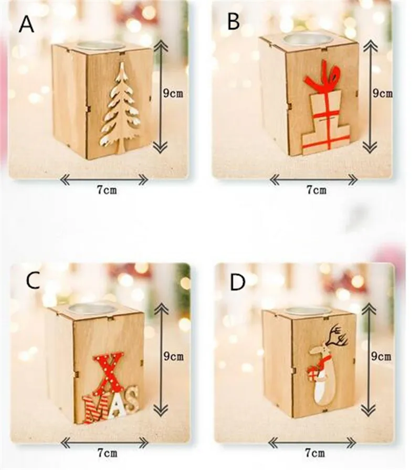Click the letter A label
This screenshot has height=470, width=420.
[x=26, y=24]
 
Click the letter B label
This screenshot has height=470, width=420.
[x=234, y=22]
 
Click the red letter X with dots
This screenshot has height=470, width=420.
[x=108, y=373]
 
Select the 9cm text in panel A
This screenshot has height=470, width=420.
[x=173, y=93]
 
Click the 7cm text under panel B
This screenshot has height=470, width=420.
[x=316, y=190]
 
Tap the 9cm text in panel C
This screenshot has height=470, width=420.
[x=173, y=356]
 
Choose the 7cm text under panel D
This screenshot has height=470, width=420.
[x=314, y=452]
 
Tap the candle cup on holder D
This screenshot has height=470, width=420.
[x=308, y=311]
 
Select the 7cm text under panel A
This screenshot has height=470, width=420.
[x=107, y=190]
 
